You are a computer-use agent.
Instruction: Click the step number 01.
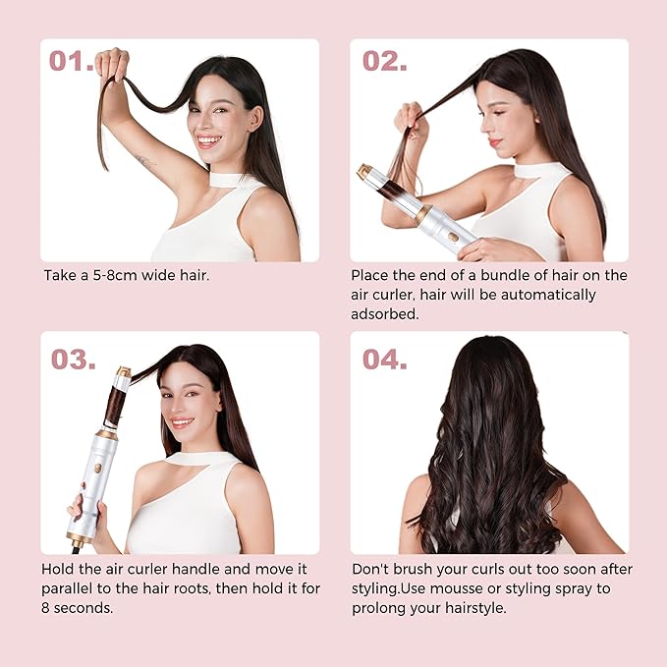(72, 61)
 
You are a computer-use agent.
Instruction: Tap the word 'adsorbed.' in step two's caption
(385, 314)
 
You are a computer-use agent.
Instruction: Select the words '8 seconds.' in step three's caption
(78, 608)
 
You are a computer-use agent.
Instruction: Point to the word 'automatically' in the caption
(549, 295)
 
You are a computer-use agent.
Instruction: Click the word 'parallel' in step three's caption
(70, 588)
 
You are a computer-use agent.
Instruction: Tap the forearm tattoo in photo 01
(144, 159)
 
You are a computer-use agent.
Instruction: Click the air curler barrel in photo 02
(393, 189)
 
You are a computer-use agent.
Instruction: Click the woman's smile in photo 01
(209, 140)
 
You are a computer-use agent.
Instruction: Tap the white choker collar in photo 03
(196, 457)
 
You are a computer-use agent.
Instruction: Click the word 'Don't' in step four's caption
(371, 569)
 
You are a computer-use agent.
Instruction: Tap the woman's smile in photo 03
(182, 422)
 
